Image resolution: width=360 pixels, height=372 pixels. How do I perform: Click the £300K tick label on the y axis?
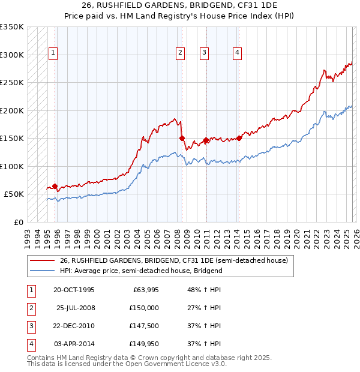click(12, 55)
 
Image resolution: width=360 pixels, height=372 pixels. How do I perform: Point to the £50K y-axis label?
click(14, 194)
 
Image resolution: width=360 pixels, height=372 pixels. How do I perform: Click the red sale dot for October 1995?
click(55, 186)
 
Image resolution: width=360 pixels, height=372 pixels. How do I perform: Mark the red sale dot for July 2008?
click(182, 138)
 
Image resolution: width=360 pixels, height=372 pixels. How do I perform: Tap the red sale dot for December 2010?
click(206, 140)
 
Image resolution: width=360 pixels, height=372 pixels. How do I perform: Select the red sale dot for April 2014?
click(239, 138)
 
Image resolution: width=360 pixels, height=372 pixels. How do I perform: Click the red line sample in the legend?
click(42, 261)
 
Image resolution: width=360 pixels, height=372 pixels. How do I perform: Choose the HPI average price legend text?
click(141, 271)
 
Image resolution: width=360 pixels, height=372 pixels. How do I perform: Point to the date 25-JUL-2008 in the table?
click(75, 308)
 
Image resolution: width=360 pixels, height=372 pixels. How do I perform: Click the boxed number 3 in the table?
click(29, 326)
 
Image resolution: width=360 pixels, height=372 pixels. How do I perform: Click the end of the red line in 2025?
click(352, 62)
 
